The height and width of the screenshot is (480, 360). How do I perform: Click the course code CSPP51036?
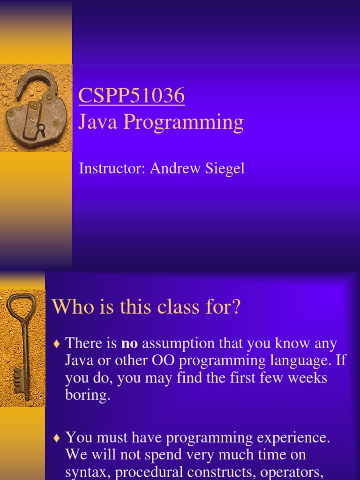(x=132, y=96)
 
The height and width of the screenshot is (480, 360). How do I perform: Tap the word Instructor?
(x=112, y=169)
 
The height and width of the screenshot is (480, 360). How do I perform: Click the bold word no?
(x=129, y=344)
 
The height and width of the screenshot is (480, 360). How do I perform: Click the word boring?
(x=87, y=395)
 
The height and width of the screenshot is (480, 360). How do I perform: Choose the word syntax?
(x=88, y=472)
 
